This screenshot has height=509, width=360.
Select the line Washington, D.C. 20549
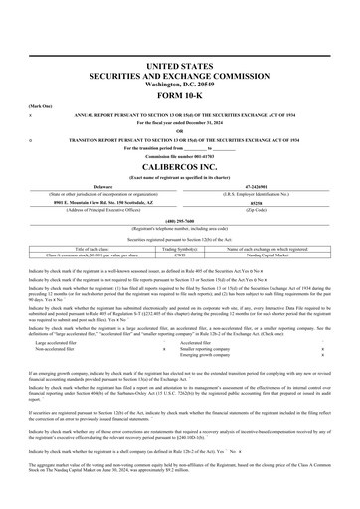click(x=180, y=82)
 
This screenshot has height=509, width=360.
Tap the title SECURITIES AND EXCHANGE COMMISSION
click(x=180, y=73)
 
